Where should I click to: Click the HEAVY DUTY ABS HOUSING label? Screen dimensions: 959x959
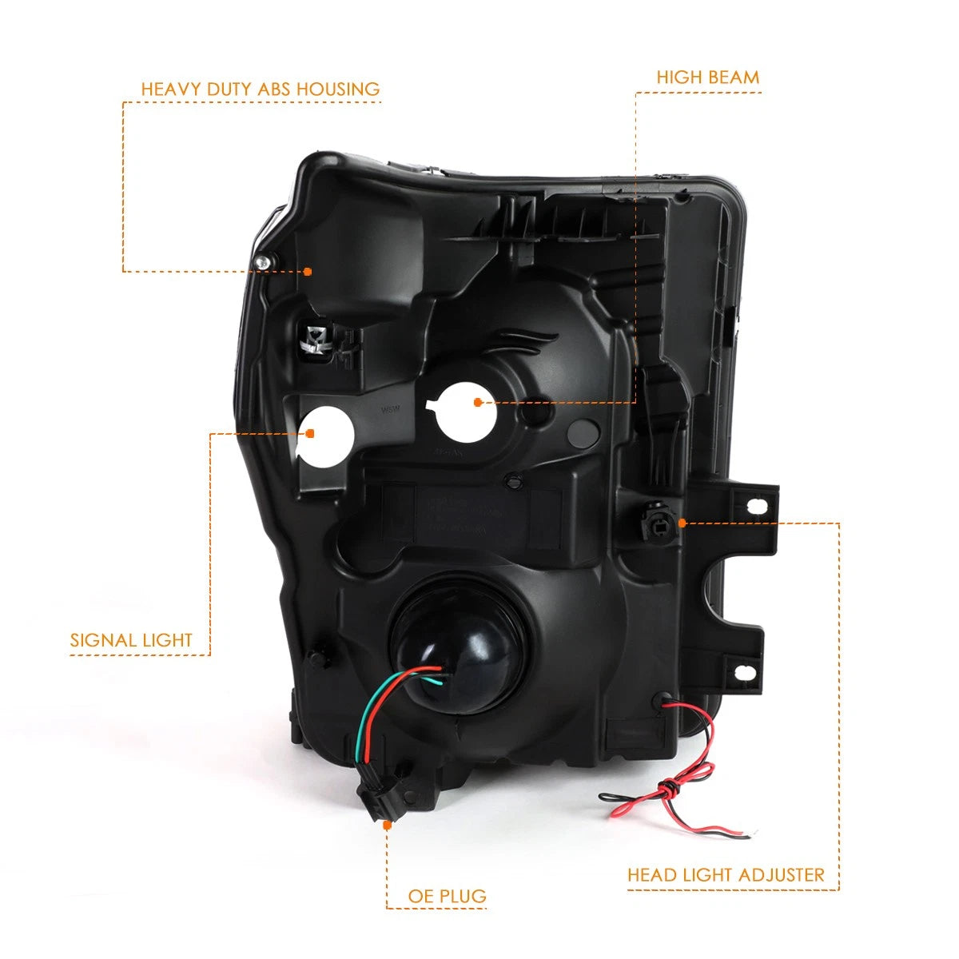[261, 89]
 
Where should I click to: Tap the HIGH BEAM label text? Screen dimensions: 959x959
[708, 78]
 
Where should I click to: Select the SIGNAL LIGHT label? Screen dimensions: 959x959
[131, 640]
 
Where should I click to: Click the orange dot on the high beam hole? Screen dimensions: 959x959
[478, 402]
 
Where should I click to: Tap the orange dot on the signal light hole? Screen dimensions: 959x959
[310, 433]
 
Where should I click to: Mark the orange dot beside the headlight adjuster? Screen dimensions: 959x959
[682, 523]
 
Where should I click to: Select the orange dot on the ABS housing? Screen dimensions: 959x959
[308, 272]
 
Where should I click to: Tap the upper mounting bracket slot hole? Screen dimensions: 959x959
[757, 506]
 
